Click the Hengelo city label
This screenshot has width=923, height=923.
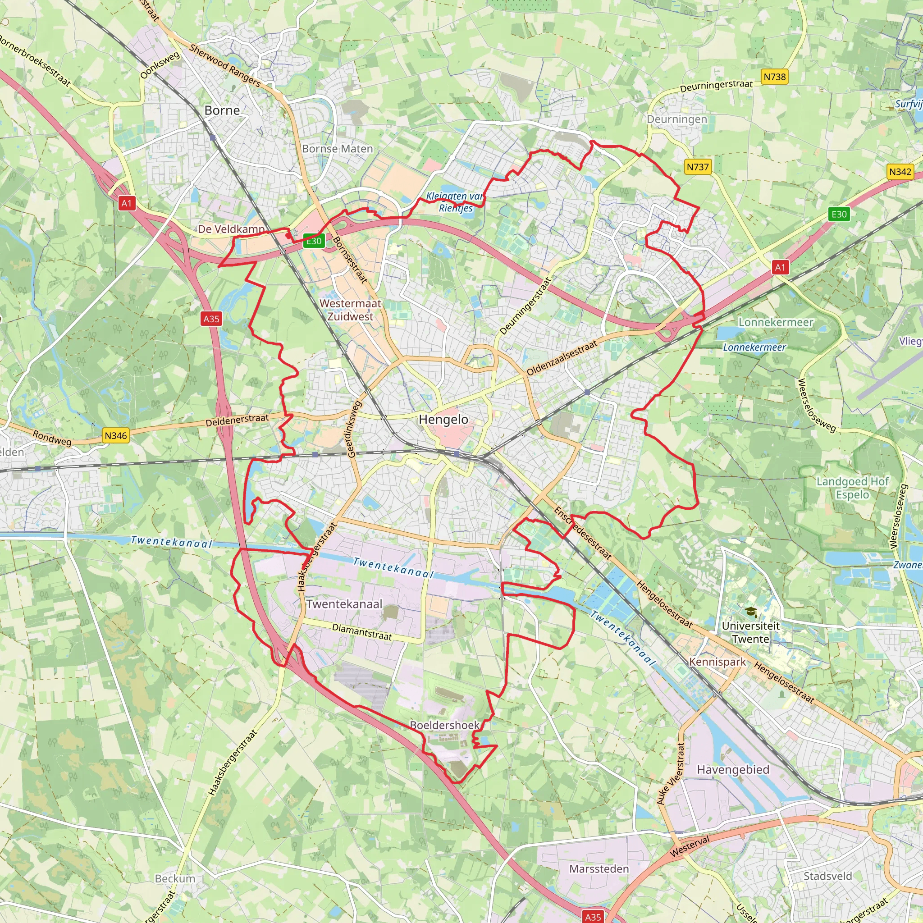click(x=443, y=420)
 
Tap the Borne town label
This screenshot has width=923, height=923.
click(x=222, y=110)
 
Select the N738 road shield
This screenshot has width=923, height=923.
click(x=774, y=77)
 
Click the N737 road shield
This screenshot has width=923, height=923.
click(x=698, y=167)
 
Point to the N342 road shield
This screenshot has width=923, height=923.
click(x=900, y=172)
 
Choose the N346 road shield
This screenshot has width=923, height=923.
click(x=116, y=436)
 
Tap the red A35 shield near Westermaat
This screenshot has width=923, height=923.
click(x=211, y=319)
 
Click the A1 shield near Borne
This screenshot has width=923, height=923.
click(x=127, y=204)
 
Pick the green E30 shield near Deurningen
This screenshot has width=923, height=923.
click(x=839, y=215)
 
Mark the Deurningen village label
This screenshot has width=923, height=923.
click(x=677, y=119)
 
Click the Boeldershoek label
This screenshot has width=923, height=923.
click(x=445, y=725)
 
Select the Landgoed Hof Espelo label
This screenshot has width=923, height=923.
click(x=852, y=488)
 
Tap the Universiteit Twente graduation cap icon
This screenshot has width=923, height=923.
click(x=751, y=612)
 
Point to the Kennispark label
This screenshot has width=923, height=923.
click(x=717, y=662)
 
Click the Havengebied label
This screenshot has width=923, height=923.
click(x=733, y=770)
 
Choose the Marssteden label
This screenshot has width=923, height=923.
click(x=599, y=869)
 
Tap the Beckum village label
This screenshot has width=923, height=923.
click(x=175, y=878)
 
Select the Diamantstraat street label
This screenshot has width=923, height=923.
click(x=361, y=632)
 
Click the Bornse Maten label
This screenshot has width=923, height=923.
click(x=337, y=149)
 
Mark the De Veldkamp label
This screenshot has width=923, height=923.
click(x=231, y=229)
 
